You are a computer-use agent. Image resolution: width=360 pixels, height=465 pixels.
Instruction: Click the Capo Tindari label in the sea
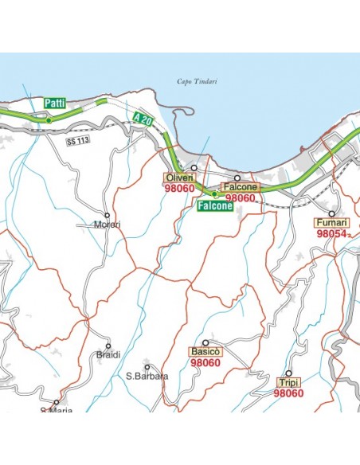click(196, 81)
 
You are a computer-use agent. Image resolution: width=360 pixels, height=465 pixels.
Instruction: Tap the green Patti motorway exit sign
click(55, 103)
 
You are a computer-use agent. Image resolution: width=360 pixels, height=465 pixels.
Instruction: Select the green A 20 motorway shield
click(143, 119)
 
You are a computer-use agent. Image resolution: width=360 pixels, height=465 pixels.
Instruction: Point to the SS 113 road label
click(76, 140)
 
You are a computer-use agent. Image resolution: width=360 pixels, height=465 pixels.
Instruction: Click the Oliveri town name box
click(179, 177)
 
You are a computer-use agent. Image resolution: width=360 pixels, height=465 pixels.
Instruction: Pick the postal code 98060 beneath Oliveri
click(179, 189)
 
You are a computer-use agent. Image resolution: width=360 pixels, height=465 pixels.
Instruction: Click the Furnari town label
click(332, 223)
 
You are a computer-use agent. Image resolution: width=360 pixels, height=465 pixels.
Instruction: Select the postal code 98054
click(331, 235)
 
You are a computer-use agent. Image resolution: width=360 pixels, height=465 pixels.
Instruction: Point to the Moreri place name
click(108, 225)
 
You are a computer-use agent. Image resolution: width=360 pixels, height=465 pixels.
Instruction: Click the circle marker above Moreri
click(108, 215)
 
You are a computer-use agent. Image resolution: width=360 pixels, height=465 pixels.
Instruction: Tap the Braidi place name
click(108, 354)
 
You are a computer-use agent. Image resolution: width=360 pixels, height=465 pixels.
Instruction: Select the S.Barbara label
click(147, 376)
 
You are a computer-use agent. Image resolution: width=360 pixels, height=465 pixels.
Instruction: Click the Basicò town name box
click(205, 351)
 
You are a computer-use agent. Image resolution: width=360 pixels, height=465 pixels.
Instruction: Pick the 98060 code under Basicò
click(205, 363)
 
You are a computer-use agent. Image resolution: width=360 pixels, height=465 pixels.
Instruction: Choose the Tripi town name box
click(289, 383)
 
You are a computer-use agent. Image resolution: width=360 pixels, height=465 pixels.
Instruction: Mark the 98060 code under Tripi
click(288, 393)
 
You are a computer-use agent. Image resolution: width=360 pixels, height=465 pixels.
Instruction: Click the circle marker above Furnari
click(332, 213)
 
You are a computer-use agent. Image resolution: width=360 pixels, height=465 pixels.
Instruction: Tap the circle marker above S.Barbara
click(147, 367)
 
